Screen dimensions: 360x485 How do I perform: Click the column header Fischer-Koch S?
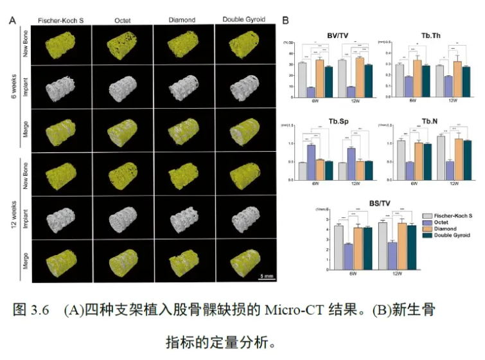point(60,20)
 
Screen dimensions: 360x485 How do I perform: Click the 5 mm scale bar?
point(267,275)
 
